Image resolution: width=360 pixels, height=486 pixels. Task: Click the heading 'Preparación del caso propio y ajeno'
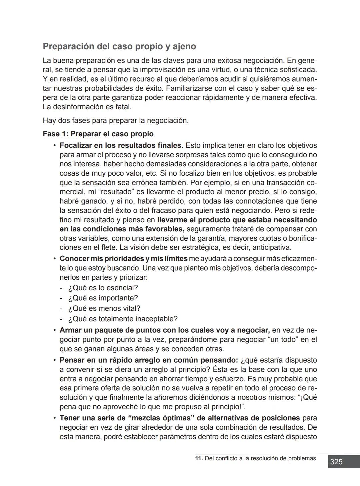click(119, 46)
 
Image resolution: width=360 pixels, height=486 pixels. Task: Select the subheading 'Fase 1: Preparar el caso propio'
click(98, 134)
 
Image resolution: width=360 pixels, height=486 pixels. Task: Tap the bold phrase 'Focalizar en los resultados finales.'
click(121, 146)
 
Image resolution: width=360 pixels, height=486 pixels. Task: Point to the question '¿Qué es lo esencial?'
click(103, 288)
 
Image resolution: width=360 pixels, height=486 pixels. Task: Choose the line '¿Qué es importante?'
click(103, 298)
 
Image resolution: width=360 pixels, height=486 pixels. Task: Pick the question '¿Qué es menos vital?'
click(104, 308)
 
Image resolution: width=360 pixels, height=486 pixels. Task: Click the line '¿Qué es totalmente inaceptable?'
click(123, 319)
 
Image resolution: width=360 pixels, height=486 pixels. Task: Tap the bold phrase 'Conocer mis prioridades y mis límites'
click(123, 259)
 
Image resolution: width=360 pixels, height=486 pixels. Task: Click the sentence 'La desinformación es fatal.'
click(87, 107)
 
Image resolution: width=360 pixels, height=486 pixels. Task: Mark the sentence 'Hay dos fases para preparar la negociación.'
click(116, 121)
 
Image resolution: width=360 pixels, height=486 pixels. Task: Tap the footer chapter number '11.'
click(199, 458)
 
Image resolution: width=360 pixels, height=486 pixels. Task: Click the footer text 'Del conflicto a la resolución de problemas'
click(260, 458)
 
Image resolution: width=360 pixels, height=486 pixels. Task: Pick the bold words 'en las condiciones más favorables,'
click(122, 229)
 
